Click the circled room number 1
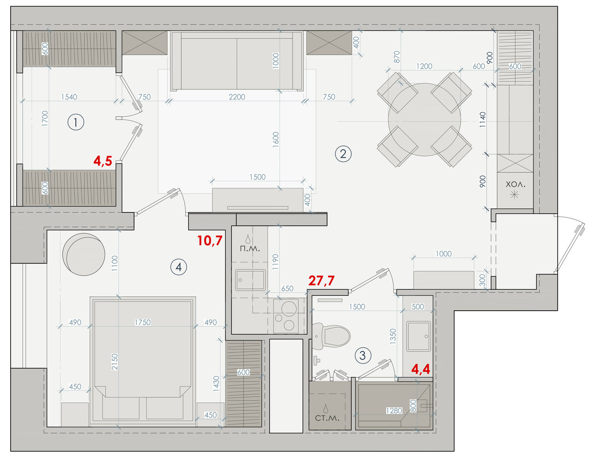pos(76,122)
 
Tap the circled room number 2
pos(343,154)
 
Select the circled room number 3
pos(363,356)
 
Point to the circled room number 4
pos(179,267)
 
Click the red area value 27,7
pos(321,281)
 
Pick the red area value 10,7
pos(210,241)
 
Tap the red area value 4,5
pos(103,161)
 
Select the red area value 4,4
pos(421,369)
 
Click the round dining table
pos(424,119)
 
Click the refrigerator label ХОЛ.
pos(515,184)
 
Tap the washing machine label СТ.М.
pos(327,418)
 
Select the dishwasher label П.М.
pos(250,249)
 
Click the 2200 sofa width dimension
pos(237,97)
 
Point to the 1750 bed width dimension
pos(142,322)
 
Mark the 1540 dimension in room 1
pos(69,97)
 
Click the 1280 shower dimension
pos(394,411)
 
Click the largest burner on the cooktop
pos(289,309)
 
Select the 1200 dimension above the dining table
pos(424,66)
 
